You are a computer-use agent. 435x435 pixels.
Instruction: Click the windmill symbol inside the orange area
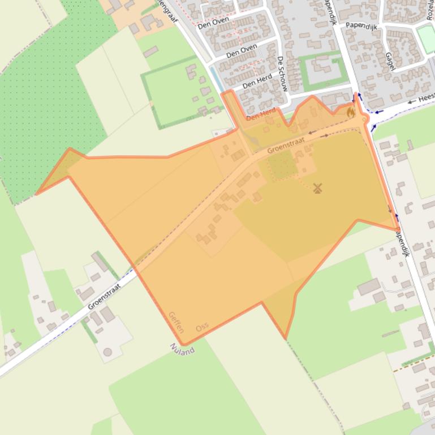click(317, 189)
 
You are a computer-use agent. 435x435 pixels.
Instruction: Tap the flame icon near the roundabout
click(351, 112)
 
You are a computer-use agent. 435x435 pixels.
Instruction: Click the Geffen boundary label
click(176, 321)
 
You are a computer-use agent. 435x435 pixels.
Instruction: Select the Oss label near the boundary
click(202, 327)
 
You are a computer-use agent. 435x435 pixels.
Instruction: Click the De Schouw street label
click(283, 74)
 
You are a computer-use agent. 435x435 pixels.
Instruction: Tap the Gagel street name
click(389, 62)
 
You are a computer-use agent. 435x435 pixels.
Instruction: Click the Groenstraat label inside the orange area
click(286, 144)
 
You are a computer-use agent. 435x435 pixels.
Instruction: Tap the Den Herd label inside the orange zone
click(261, 115)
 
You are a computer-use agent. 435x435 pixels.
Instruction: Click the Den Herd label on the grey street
click(257, 82)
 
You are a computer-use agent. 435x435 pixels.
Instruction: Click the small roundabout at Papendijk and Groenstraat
click(364, 118)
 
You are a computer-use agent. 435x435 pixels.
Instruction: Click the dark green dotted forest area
click(51, 102)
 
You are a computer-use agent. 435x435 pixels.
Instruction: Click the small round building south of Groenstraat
click(107, 352)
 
